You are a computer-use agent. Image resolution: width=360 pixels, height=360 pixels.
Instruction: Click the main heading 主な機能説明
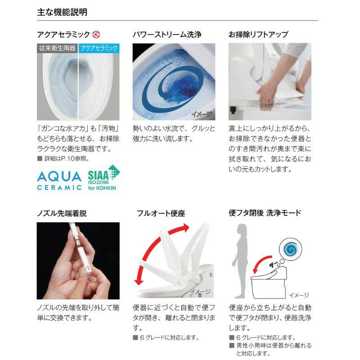click(62, 12)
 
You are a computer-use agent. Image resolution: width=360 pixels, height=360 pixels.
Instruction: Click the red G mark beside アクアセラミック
click(96, 34)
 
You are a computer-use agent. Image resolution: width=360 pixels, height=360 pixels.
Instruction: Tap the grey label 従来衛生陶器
click(57, 48)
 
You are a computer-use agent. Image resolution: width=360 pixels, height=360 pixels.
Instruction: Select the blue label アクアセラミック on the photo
click(99, 48)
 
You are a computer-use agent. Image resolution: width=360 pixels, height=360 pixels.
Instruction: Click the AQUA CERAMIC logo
click(59, 180)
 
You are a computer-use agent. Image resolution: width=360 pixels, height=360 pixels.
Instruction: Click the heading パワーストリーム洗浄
click(166, 34)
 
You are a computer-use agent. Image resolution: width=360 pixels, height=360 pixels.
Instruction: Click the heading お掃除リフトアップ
click(258, 34)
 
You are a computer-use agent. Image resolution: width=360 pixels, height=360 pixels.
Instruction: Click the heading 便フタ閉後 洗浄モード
click(265, 212)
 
